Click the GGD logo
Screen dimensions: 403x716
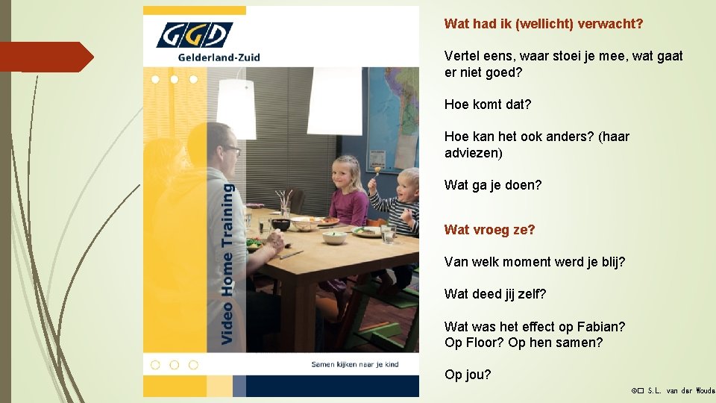[x=194, y=35]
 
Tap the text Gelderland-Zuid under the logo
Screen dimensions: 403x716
[x=219, y=57]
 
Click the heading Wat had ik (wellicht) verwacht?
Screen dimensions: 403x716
[x=543, y=24]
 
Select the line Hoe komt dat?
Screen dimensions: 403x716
[x=488, y=104]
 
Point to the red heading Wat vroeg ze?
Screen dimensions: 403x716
[x=489, y=230]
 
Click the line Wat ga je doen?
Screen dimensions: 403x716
[x=493, y=185]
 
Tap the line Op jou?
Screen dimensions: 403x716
[x=468, y=375]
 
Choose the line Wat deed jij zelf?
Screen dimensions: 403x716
[x=495, y=294]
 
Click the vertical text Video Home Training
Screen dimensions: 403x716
[x=227, y=264]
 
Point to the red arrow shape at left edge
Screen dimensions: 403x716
[x=46, y=57]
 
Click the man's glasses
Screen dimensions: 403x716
[x=231, y=149]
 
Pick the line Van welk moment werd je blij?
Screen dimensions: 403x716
[x=534, y=262]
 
